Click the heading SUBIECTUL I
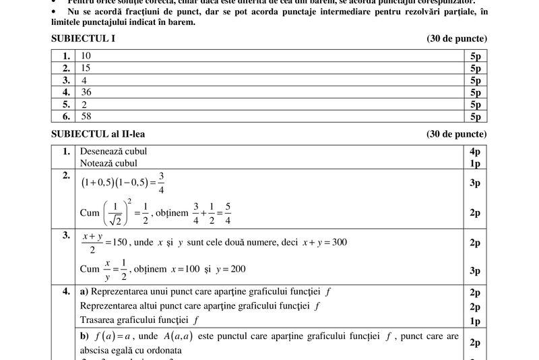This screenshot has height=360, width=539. point(83,38)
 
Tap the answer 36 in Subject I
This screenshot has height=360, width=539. point(85,92)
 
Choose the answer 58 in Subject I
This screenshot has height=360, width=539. point(85,117)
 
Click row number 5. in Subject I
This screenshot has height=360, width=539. point(66,104)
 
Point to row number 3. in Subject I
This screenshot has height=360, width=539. point(66,80)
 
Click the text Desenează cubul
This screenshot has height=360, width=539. point(113,152)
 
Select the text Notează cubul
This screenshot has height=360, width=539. point(108,163)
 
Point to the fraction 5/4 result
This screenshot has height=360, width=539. point(228,212)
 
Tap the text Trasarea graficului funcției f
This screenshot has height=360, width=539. point(139,320)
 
